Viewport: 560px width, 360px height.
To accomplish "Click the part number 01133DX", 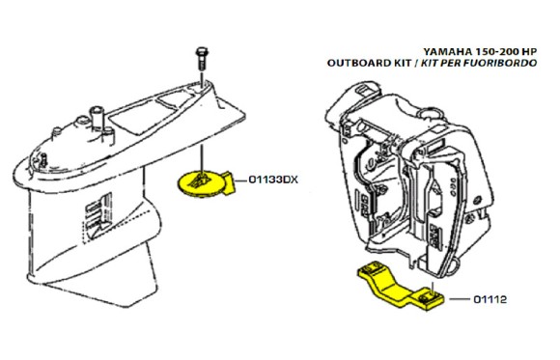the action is click(x=273, y=180).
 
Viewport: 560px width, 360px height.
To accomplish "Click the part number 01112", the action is click(x=490, y=299).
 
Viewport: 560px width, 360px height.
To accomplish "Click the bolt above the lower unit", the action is click(x=202, y=59).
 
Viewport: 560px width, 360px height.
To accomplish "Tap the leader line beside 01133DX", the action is click(x=240, y=180).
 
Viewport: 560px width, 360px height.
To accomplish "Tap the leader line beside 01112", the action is click(x=460, y=299).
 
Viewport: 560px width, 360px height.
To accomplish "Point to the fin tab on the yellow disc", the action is click(x=229, y=182).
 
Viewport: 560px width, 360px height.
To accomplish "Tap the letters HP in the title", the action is click(x=528, y=52).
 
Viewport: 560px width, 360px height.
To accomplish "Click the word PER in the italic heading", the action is click(x=453, y=63).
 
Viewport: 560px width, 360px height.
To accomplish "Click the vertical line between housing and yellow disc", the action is click(x=202, y=159).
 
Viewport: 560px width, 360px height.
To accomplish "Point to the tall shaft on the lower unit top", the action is click(x=96, y=118).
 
